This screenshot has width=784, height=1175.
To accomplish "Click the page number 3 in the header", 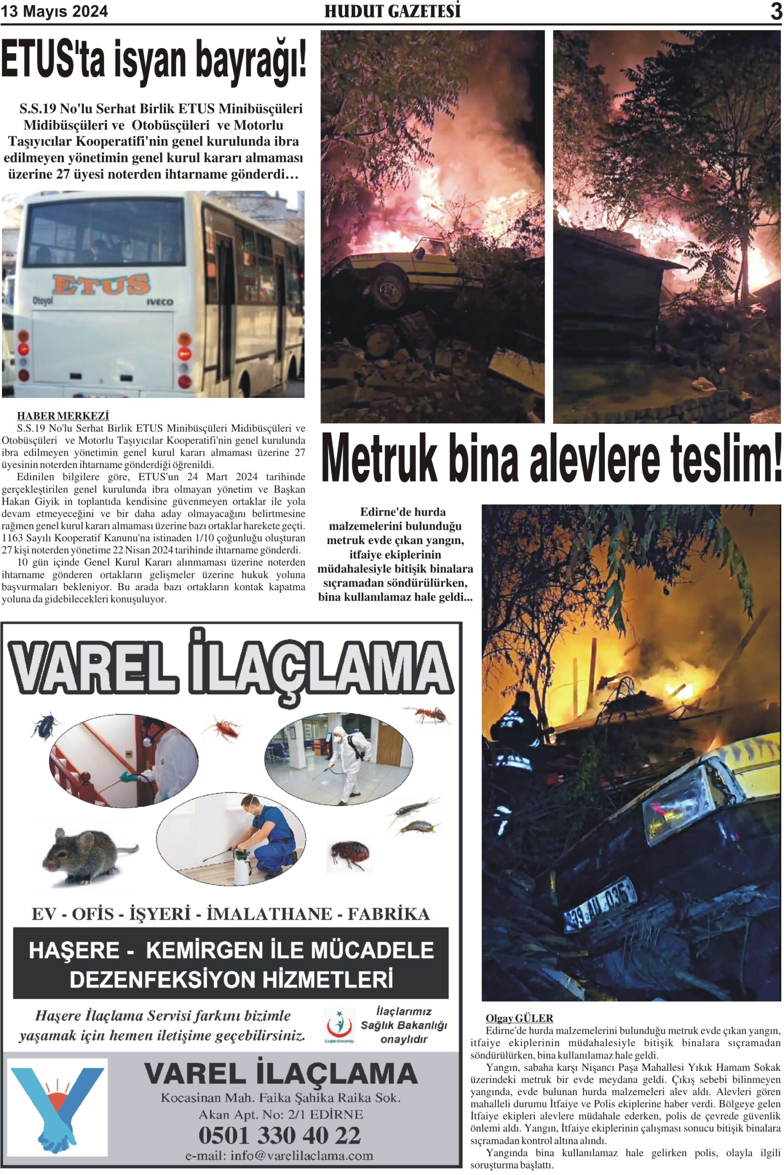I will coord(775,11).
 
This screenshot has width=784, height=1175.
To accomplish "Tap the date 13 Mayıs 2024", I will coord(55,11).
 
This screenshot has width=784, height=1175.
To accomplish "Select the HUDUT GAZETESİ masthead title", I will coord(393,11).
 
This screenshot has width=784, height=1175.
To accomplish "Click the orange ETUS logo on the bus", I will coord(101,284).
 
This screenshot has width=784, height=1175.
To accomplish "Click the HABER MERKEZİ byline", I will coord(63,416).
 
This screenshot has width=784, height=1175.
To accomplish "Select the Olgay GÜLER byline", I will coord(519,1018).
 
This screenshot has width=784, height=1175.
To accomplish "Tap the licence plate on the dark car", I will coord(600,905).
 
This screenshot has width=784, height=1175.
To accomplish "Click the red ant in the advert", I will coord(428,714).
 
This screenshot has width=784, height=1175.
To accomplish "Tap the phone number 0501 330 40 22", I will coord(280,1135).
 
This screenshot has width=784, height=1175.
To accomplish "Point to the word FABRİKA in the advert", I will coord(389,914).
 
